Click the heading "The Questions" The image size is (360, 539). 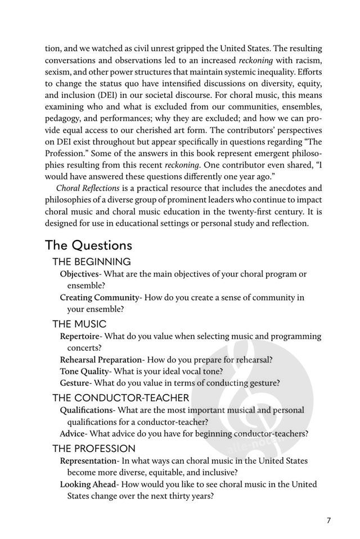[88, 245]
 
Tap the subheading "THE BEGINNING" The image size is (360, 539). [91, 261]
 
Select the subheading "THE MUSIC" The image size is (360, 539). [79, 324]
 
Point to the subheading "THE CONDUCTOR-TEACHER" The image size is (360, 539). [121, 398]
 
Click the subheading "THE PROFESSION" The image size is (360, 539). [94, 449]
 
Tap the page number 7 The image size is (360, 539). [328, 520]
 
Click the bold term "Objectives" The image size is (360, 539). [79, 274]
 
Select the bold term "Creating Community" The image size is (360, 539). [99, 297]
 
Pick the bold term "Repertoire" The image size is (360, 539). [79, 336]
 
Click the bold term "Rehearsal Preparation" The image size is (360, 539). [100, 360]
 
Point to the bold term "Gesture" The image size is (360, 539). [74, 383]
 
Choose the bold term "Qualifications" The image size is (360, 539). [86, 410]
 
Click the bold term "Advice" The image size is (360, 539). [73, 433]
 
